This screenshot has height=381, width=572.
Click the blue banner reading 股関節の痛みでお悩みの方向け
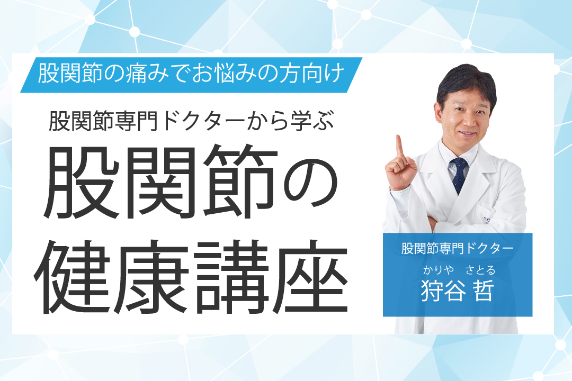click(191, 75)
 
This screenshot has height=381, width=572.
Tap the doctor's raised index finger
click(399, 148)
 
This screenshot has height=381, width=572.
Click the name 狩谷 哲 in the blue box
click(458, 291)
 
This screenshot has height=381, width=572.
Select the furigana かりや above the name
click(438, 270)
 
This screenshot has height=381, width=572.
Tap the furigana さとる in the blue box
click(480, 270)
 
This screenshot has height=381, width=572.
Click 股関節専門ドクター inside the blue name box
click(458, 248)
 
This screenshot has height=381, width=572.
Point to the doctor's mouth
click(468, 134)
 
